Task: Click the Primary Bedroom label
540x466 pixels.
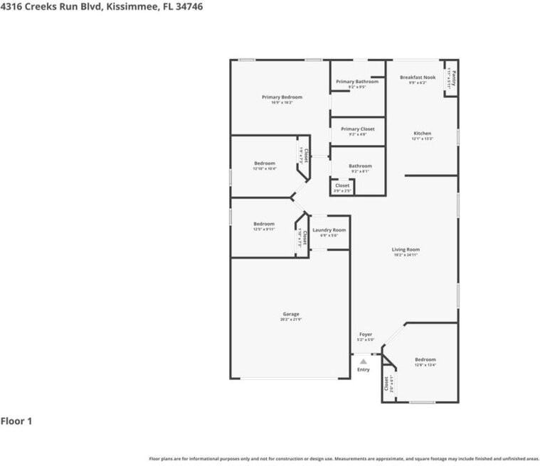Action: [282, 97]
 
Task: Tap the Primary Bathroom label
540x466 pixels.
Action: [357, 82]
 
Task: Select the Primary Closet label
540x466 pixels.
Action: [357, 129]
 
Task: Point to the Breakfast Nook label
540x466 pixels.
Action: [418, 77]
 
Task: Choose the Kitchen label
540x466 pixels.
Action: [423, 134]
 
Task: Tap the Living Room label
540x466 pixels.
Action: [406, 249]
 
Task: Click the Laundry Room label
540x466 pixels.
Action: [329, 230]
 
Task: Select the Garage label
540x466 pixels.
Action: [291, 314]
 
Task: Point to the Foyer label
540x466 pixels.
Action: [366, 334]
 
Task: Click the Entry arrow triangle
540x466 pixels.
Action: [364, 362]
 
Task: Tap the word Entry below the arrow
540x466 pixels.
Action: [364, 369]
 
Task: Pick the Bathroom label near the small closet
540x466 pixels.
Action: [361, 166]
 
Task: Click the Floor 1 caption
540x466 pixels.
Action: [16, 421]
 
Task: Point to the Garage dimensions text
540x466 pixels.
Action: [291, 320]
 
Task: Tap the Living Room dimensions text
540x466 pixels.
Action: [406, 255]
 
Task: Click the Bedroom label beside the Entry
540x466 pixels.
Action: [425, 359]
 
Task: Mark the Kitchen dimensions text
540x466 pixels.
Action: [423, 139]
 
